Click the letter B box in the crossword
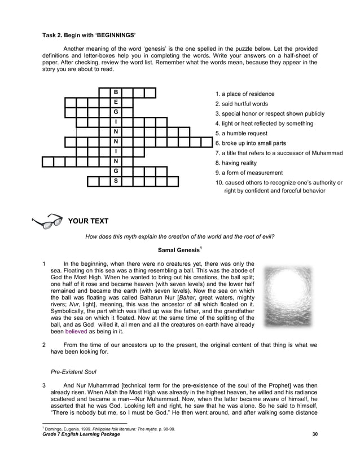[116, 93]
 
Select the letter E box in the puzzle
[116, 103]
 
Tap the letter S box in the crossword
[116, 181]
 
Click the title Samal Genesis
[179, 250]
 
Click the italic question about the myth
[179, 237]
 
